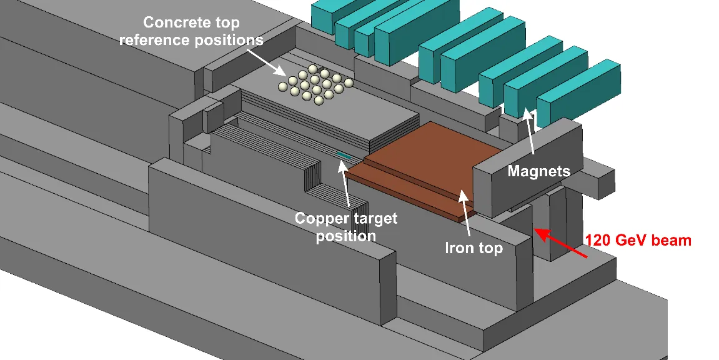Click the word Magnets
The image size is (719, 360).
539,171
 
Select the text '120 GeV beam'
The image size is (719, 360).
638,240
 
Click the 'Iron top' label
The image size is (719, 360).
474,248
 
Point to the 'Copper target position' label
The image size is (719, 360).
345,227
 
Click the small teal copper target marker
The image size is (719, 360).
344,156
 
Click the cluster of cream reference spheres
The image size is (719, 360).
315,84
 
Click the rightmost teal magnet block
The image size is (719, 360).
578,93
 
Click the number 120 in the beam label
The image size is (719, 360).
599,240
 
